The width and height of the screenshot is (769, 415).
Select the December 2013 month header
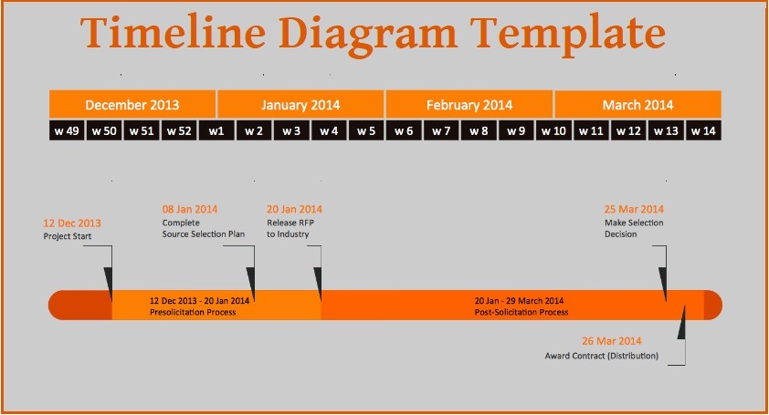pyautogui.click(x=132, y=105)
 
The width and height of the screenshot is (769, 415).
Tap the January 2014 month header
pyautogui.click(x=300, y=105)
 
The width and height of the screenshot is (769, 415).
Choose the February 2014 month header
pyautogui.click(x=469, y=105)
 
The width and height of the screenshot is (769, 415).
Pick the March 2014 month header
pyautogui.click(x=637, y=105)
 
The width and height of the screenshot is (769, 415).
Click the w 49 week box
pyautogui.click(x=67, y=130)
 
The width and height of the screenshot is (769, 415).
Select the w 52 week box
pyautogui.click(x=179, y=130)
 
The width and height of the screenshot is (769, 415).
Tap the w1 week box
pyautogui.click(x=216, y=130)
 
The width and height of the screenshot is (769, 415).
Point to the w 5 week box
pyautogui.click(x=366, y=130)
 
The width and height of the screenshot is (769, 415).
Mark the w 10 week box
pyautogui.click(x=553, y=130)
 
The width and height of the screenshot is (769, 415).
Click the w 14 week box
pyautogui.click(x=703, y=130)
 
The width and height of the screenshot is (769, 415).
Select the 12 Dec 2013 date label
pyautogui.click(x=72, y=223)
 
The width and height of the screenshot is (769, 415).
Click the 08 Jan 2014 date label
pyautogui.click(x=190, y=209)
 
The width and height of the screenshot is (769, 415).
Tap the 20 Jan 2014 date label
pyautogui.click(x=294, y=209)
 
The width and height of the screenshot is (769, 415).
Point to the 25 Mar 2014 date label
pyautogui.click(x=634, y=209)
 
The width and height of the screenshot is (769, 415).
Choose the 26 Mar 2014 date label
pyautogui.click(x=612, y=340)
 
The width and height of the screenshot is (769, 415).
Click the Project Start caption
pyautogui.click(x=68, y=236)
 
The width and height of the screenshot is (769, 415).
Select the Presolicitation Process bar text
pyautogui.click(x=193, y=312)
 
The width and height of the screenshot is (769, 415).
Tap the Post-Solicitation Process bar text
pyautogui.click(x=521, y=312)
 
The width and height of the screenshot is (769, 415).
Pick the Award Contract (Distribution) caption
pyautogui.click(x=601, y=355)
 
